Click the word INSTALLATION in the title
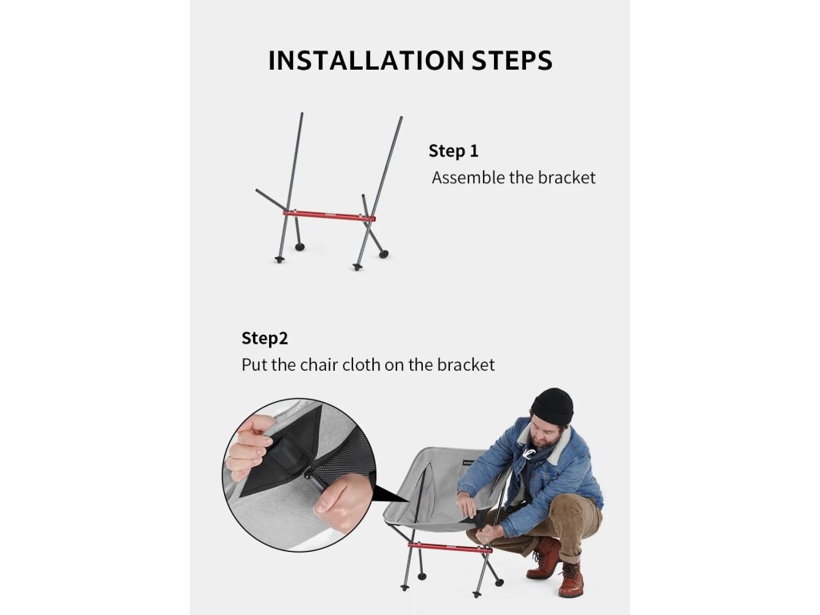coord(366,60)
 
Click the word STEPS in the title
coord(512,60)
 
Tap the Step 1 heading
coord(453,151)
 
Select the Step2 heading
coord(264,339)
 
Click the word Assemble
coord(468,178)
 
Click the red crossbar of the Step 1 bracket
coord(329,215)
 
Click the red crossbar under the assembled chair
coord(450,547)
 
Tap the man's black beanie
coord(553,405)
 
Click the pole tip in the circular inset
coord(310,474)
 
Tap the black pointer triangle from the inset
coord(387,494)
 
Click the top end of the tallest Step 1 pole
coord(302,114)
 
